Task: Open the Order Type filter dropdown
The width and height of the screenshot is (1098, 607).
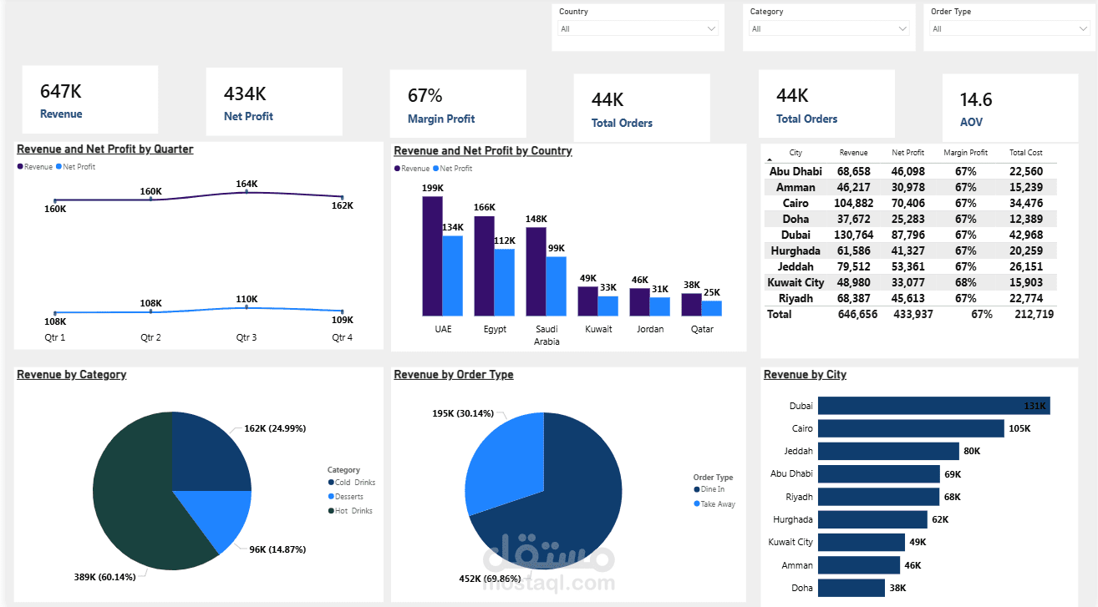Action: click(1009, 29)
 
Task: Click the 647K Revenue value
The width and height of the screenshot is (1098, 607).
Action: click(61, 92)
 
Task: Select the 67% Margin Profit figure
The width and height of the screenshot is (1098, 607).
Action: click(425, 95)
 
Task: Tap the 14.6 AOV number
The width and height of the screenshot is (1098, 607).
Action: click(975, 100)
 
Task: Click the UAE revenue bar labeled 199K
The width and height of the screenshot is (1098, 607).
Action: click(432, 255)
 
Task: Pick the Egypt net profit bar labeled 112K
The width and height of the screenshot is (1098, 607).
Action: click(504, 282)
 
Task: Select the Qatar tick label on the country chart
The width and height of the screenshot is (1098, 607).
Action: click(701, 329)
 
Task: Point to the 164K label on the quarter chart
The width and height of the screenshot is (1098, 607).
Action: click(247, 184)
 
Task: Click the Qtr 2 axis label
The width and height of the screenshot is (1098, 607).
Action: click(150, 337)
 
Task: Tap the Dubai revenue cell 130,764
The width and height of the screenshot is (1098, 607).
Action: click(853, 235)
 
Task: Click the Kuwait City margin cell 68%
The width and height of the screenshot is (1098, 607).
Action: click(965, 282)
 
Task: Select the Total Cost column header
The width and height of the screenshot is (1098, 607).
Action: click(1025, 153)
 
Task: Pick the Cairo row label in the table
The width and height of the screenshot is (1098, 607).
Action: click(795, 203)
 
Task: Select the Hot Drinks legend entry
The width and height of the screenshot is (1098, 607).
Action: click(353, 511)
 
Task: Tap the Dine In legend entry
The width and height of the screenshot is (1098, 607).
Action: click(712, 489)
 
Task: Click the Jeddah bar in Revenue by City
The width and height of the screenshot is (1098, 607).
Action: click(887, 451)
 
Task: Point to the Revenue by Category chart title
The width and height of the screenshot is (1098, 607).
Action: click(72, 375)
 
